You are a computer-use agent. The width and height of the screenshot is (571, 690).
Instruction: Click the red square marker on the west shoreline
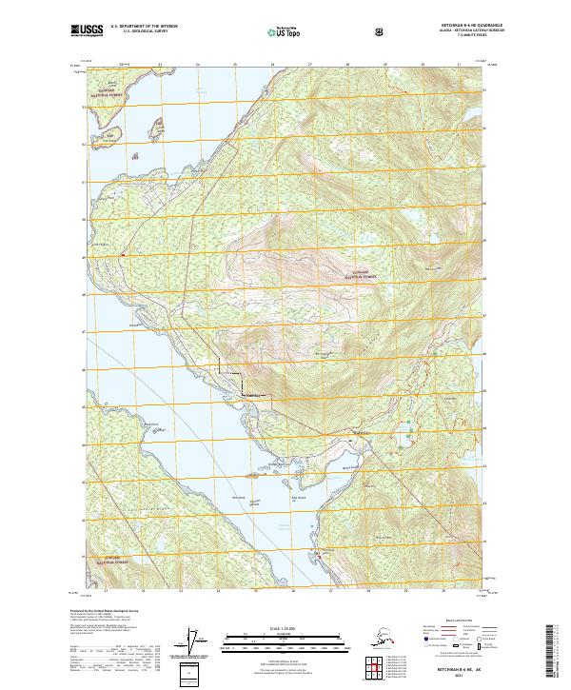(123, 254)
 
